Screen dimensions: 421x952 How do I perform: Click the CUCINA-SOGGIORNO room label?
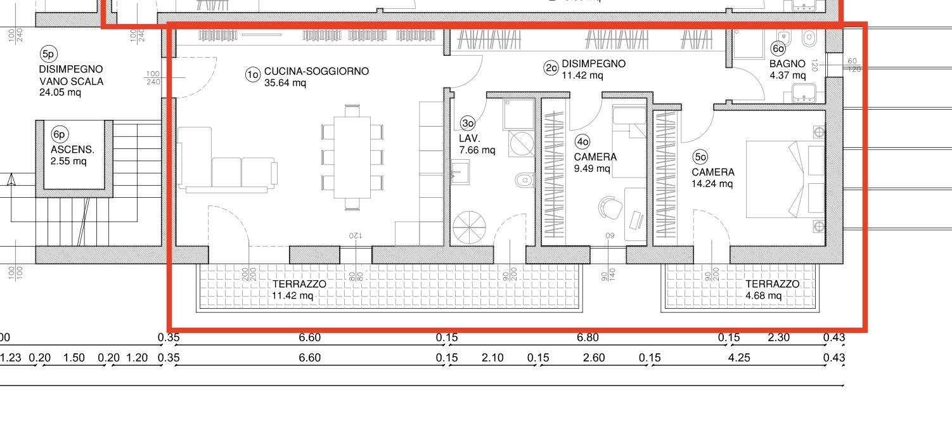coord(316,72)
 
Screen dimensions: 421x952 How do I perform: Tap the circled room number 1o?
coord(253,75)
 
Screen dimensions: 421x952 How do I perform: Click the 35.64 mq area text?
coord(285,83)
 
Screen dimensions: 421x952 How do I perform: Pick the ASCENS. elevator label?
coord(72,150)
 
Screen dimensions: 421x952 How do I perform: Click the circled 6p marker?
coord(60,134)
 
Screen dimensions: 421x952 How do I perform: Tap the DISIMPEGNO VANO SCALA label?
coord(71,75)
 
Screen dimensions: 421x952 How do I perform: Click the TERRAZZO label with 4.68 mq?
coord(772,284)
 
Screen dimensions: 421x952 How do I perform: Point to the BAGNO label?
coord(787,64)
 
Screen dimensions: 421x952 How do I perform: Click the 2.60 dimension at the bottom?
coord(593,358)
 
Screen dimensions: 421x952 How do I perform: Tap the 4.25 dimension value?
coord(739,358)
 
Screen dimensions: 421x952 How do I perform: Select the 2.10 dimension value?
coord(492,358)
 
